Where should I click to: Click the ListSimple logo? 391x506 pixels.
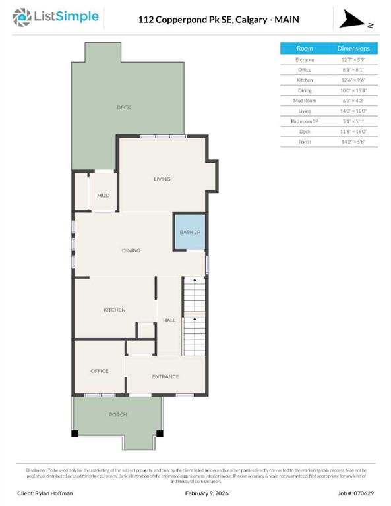click(x=57, y=18)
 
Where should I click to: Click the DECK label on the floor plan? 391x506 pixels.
click(x=123, y=107)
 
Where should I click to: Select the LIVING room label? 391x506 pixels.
click(x=162, y=179)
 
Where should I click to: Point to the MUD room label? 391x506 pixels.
click(x=103, y=196)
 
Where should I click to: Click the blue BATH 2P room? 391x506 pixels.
click(x=189, y=232)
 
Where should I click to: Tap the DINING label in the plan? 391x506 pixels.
click(x=131, y=250)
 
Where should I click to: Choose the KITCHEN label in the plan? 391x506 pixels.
click(x=114, y=310)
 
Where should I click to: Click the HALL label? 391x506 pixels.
click(x=169, y=320)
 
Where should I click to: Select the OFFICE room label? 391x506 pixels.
click(x=100, y=371)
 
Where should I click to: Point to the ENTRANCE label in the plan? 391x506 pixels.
click(x=165, y=376)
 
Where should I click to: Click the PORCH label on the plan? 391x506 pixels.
click(x=118, y=414)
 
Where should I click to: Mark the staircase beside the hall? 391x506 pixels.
click(x=194, y=316)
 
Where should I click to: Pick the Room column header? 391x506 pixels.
click(x=305, y=49)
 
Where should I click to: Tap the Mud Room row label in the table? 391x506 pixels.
click(x=305, y=101)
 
